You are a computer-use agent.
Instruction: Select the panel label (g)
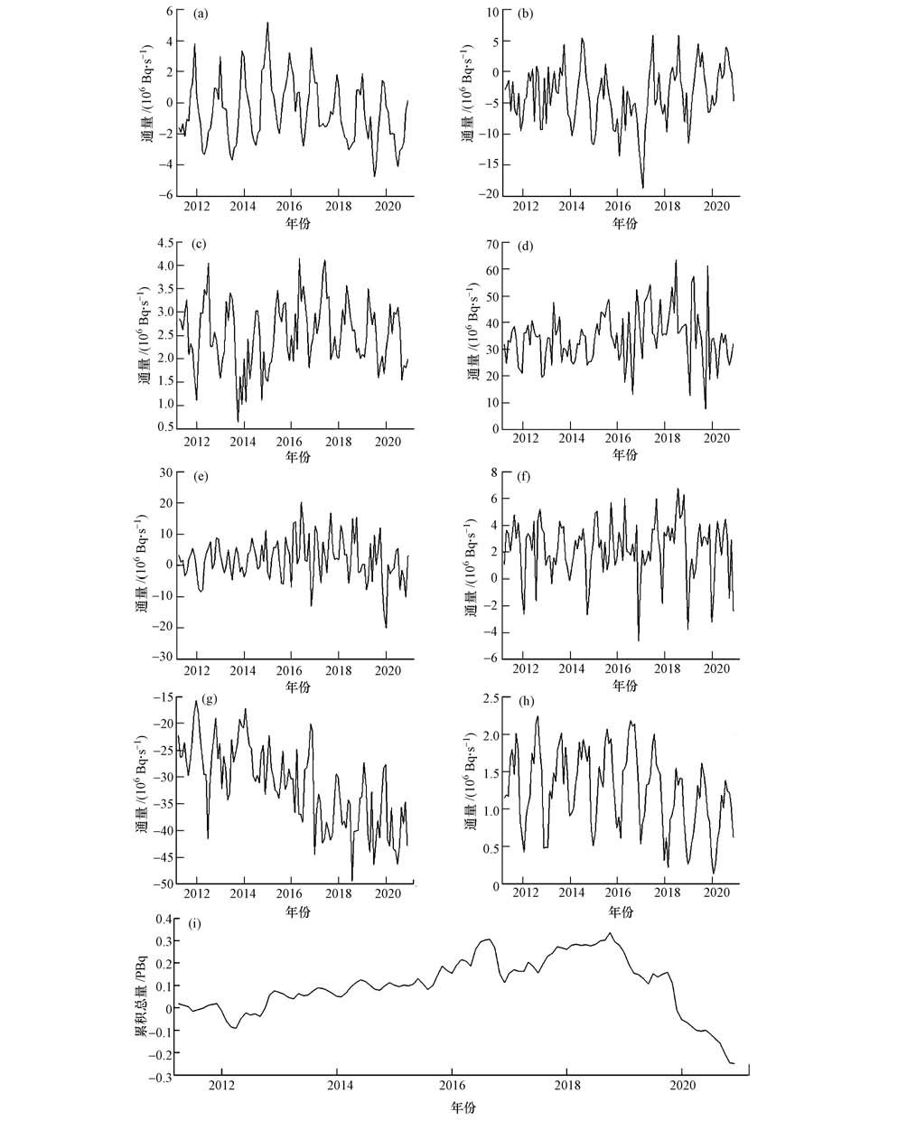(210, 699)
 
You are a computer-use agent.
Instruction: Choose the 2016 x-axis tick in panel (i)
(452, 1085)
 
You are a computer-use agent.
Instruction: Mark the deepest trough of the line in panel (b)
(643, 188)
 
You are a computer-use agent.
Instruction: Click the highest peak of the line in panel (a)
(267, 23)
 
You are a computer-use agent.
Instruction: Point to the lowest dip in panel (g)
(352, 879)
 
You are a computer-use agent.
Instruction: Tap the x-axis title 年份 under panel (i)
(462, 1107)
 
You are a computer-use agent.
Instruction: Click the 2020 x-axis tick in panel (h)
(715, 895)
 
